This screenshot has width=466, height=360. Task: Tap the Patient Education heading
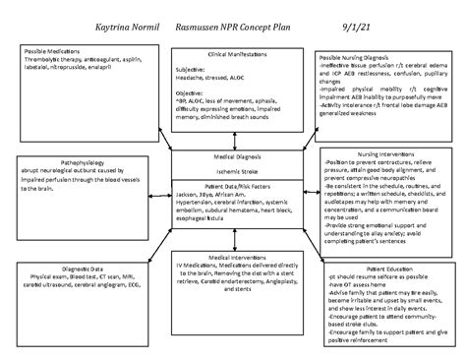point(391,268)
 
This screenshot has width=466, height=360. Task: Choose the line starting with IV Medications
point(233,265)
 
